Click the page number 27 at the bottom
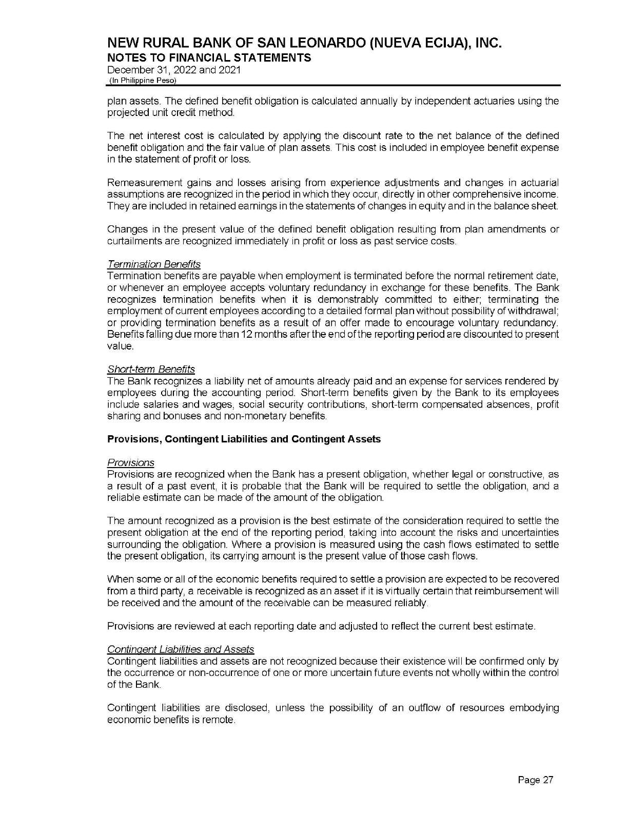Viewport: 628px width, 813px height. (x=536, y=780)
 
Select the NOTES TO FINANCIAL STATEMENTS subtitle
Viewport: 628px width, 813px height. (x=209, y=57)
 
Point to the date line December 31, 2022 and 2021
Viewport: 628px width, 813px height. (x=173, y=70)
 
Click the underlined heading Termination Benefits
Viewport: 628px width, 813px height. (x=154, y=264)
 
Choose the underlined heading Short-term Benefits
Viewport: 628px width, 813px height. (x=151, y=369)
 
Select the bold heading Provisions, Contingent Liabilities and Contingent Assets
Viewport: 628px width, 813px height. (x=244, y=439)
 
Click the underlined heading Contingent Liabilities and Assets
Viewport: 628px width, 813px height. (x=181, y=649)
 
